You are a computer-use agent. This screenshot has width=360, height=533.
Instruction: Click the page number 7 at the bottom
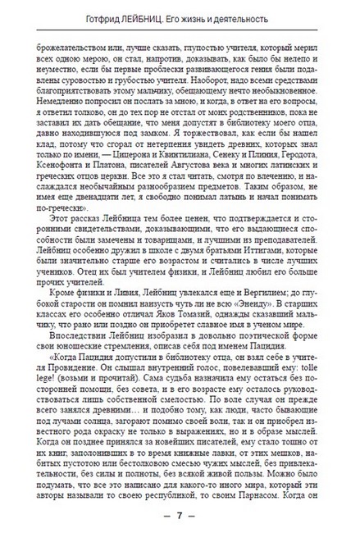[180, 515]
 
